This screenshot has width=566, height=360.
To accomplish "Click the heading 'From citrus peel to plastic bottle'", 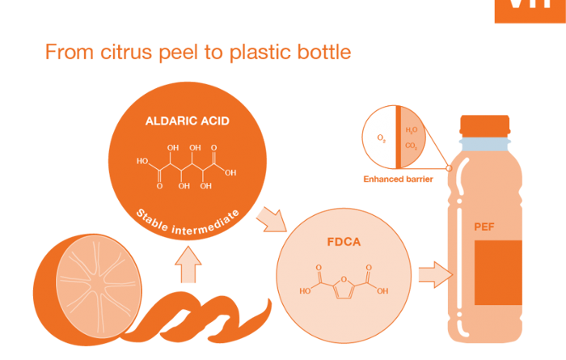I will [198, 53].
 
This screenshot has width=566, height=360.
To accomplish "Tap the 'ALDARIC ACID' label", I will [187, 121].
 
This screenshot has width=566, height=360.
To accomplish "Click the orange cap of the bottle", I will [484, 125].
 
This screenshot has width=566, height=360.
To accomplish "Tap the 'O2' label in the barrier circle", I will [382, 139].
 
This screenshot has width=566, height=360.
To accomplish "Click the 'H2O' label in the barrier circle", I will [411, 129].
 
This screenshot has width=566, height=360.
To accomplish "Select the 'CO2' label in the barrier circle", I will [411, 147].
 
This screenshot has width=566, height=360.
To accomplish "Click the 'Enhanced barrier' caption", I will [398, 179].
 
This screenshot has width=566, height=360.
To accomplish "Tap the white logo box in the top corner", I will [530, 10].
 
